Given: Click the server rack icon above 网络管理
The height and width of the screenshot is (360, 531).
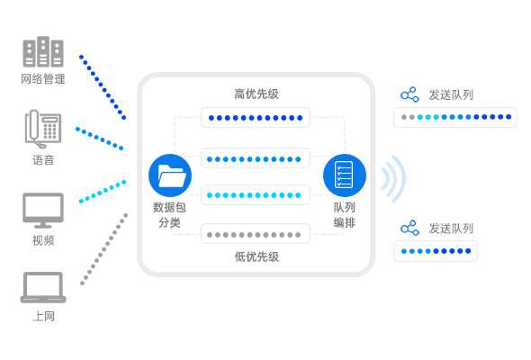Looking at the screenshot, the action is tap(43, 52).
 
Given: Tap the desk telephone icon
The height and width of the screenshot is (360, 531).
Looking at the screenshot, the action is tap(43, 129).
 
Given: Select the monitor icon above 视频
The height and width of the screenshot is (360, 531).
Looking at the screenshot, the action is tap(43, 211).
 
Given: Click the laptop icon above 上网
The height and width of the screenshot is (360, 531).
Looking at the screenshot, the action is tap(43, 287).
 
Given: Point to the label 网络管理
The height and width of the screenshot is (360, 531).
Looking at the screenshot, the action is tap(43, 79).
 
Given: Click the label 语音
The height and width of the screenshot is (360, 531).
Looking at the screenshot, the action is tap(43, 160).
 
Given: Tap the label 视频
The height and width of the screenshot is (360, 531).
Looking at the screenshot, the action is tap(43, 240).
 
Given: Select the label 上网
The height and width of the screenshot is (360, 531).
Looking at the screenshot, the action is tap(44, 316).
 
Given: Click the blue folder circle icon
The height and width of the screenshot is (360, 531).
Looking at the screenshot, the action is tap(170, 175).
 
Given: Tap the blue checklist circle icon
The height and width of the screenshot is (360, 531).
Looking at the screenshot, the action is tap(345, 175).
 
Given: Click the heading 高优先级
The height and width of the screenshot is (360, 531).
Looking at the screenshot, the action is tap(256, 94).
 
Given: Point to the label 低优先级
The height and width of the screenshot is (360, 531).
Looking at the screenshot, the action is tap(256, 256).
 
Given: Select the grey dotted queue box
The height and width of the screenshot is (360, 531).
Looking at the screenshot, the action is tap(256, 234).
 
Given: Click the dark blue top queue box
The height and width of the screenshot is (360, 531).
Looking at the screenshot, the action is tap(256, 118).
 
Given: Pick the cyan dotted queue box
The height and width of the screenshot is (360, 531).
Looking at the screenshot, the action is tap(256, 194).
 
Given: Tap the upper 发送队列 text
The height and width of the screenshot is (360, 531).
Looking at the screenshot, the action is tap(451, 94).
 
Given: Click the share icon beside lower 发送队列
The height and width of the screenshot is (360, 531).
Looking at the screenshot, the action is tap(409, 228).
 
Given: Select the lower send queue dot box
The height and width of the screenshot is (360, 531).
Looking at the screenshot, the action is tap(436, 251).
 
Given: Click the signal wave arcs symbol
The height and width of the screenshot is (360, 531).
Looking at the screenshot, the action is tap(392, 179).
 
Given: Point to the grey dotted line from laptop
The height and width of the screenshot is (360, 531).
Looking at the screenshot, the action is tap(103, 249).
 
